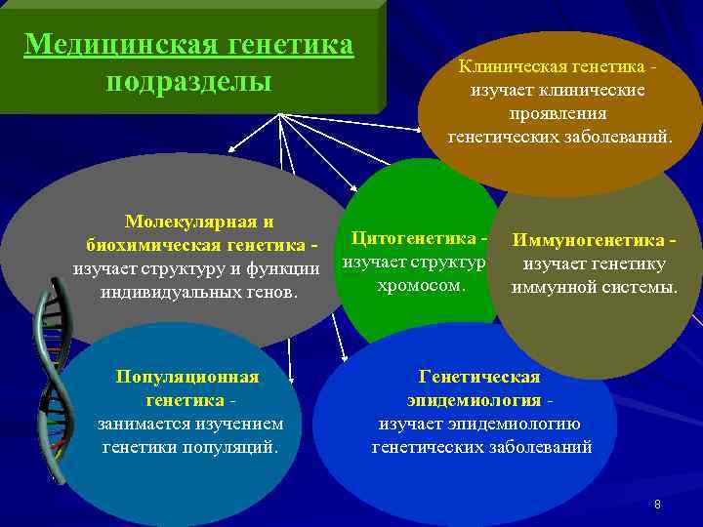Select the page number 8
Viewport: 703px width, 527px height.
tap(657, 505)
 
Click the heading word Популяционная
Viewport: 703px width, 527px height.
tap(187, 377)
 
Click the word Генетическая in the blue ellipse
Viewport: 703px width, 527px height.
tap(478, 377)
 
